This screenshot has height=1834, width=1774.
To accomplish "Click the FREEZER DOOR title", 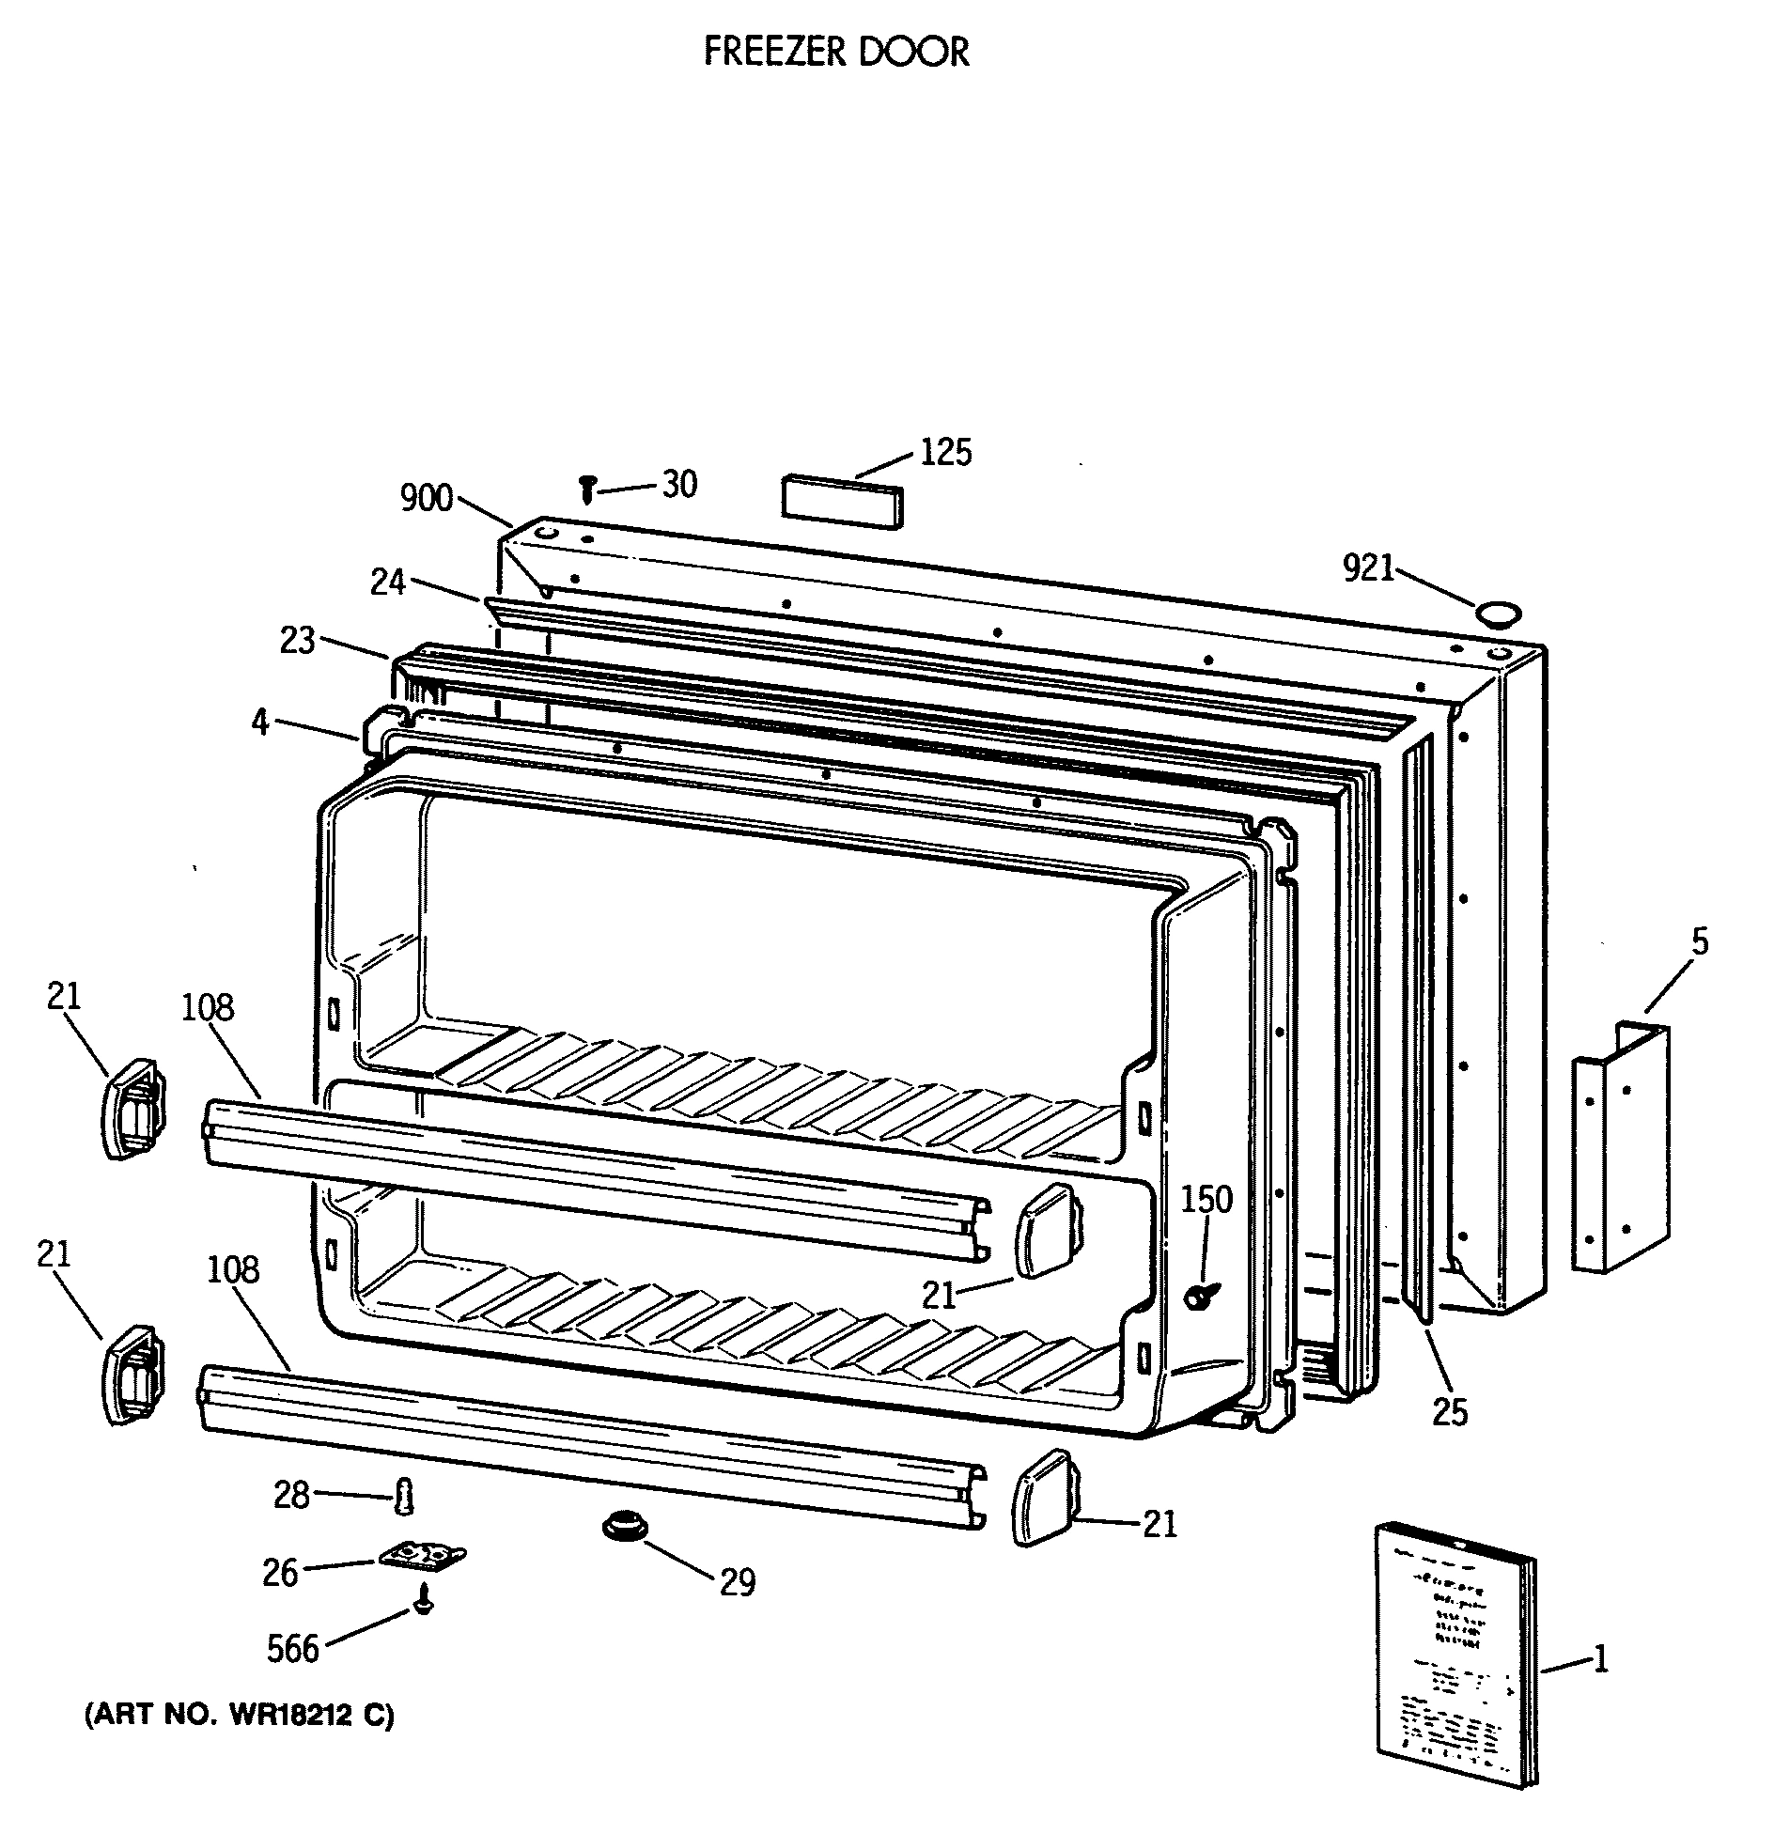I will [x=835, y=52].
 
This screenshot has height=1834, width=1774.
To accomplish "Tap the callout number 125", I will [x=945, y=453].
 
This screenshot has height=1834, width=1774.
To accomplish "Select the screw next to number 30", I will [x=588, y=489].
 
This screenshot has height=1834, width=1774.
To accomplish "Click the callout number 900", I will [x=427, y=499].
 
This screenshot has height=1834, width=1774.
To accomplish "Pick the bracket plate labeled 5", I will [x=1621, y=1148].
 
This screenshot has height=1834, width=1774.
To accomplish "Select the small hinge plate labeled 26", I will [x=423, y=1556].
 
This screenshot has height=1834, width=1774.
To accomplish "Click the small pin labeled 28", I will [x=404, y=1495].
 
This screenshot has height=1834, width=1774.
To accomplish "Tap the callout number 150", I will [x=1206, y=1200].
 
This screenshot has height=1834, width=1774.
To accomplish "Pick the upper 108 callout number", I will [x=208, y=1007].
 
